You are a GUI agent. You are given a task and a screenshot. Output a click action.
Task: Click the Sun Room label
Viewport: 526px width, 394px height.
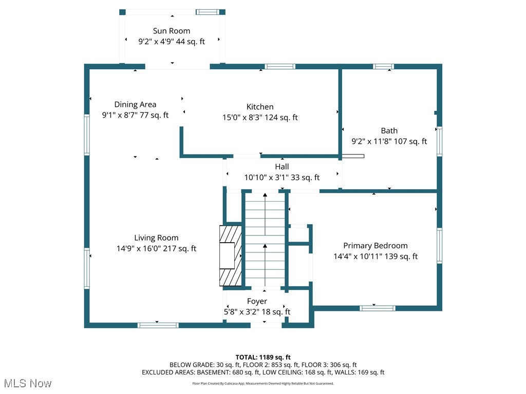click(x=172, y=31)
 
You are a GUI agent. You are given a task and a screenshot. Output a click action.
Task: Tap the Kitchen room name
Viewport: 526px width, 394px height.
click(x=260, y=107)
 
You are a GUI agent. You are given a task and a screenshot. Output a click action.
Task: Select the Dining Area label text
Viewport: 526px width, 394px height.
click(x=135, y=105)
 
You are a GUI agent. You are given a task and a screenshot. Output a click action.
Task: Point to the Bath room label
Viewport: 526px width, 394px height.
click(x=389, y=131)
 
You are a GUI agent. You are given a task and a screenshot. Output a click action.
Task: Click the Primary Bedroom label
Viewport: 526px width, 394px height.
click(x=375, y=246)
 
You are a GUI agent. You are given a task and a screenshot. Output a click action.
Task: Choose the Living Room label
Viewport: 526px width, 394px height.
click(x=156, y=238)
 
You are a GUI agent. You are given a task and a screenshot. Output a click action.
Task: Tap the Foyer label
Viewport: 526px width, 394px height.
click(x=257, y=302)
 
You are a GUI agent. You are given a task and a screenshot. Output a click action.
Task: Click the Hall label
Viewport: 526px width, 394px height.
click(x=282, y=167)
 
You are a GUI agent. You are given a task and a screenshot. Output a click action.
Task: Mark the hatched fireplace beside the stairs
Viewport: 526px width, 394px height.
click(x=231, y=256)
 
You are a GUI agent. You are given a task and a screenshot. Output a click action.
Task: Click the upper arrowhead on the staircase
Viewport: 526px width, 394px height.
click(x=265, y=194)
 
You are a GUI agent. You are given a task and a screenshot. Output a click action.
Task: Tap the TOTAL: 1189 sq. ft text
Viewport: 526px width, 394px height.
click(x=263, y=357)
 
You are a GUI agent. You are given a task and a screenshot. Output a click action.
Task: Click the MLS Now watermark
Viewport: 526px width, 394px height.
click(x=28, y=383)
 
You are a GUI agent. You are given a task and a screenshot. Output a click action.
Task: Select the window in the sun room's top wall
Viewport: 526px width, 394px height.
click(x=208, y=12)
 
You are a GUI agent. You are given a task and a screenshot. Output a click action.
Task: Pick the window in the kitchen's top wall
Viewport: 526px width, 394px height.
click(x=280, y=66)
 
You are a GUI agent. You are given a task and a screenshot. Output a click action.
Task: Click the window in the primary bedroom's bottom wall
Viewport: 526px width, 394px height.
click(x=378, y=308)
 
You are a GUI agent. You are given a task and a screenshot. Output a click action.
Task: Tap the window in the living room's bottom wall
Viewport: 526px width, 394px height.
click(x=158, y=325)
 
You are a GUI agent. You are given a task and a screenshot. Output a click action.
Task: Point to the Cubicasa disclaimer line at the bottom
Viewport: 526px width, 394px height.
click(x=263, y=384)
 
